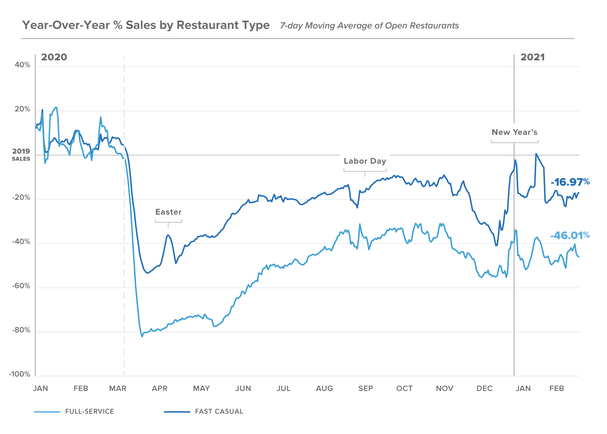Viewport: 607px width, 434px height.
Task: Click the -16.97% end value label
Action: pos(570,182)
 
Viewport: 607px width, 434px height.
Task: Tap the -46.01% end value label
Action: pos(570,235)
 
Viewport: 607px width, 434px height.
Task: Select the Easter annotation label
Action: pos(168,212)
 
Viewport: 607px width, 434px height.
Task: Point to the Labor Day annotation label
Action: pos(365,161)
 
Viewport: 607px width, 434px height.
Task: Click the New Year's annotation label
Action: pos(514,132)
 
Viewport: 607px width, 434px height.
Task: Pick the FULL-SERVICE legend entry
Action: pos(89,411)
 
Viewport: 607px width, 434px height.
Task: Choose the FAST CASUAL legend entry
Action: pos(219,411)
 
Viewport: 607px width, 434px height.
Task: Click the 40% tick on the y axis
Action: pos(22,65)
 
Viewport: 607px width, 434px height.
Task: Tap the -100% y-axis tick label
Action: pos(20,374)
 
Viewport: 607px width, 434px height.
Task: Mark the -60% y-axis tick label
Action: pos(21,286)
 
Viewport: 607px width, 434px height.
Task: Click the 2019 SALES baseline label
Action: pos(21,155)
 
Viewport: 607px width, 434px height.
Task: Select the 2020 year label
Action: pos(54,57)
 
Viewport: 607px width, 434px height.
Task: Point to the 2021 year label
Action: pos(532,57)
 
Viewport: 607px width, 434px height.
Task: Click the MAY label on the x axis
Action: pos(201,388)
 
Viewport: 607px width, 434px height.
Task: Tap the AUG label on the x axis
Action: pos(324,388)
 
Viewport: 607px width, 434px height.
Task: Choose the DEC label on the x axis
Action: pos(484,388)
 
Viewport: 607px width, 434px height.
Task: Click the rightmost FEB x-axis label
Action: pos(556,388)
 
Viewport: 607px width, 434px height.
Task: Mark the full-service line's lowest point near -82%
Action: pos(142,336)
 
